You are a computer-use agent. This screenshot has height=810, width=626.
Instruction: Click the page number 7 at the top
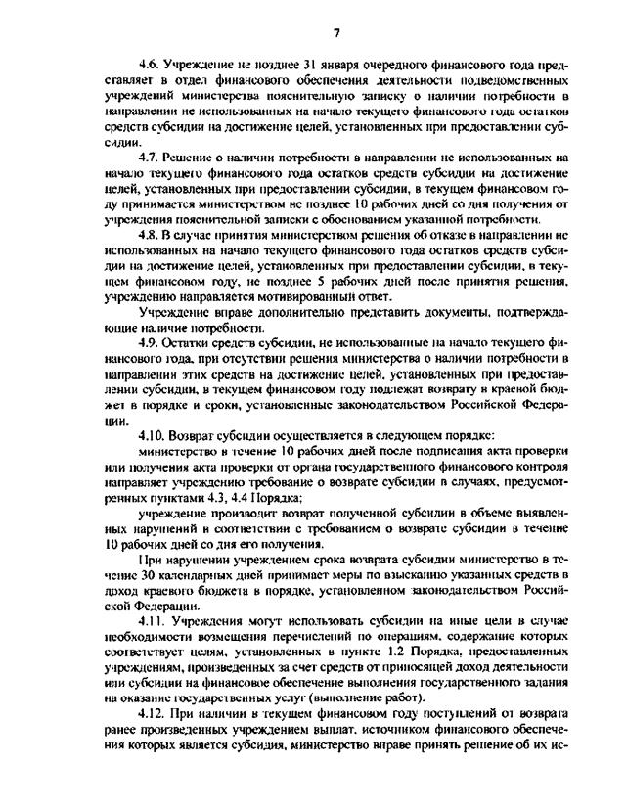335,33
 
